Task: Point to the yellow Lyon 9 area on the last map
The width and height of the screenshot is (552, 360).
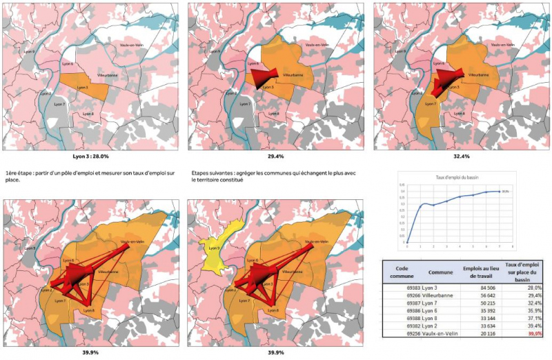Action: click(x=211, y=246)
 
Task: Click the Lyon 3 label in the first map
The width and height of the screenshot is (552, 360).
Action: click(x=82, y=88)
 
